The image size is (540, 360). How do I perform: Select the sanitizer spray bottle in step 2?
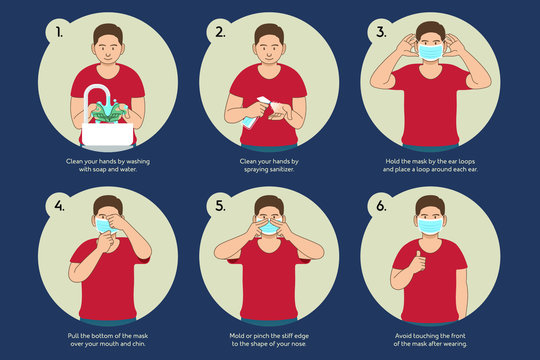point(250,112)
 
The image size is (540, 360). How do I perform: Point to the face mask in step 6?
point(430,228)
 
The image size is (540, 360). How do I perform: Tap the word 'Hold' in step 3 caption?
point(393,159)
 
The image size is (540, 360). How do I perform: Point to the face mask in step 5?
point(269,229)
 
